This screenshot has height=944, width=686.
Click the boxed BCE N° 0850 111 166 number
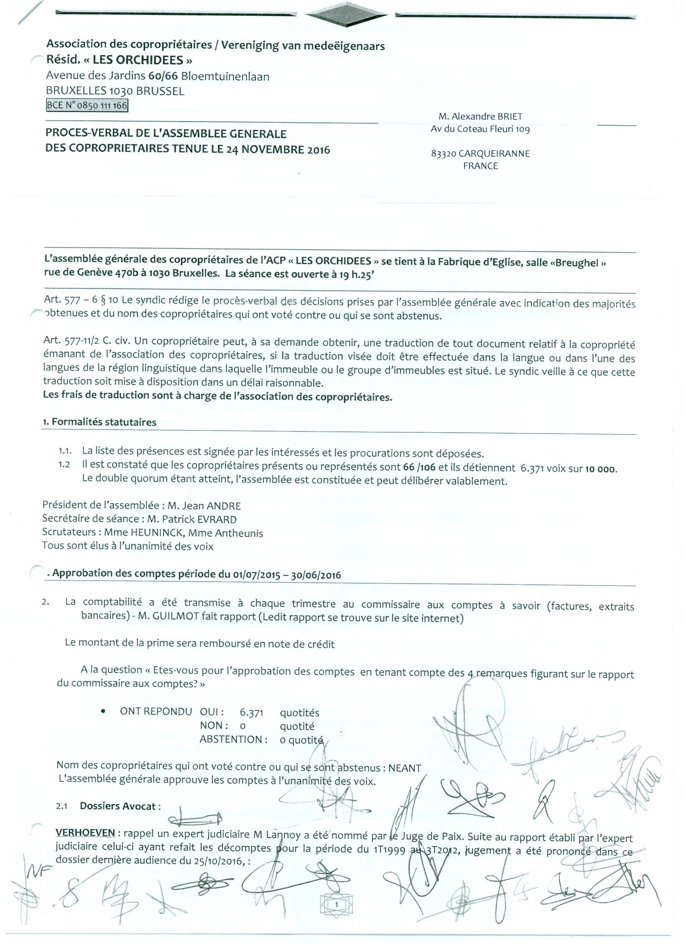(86, 106)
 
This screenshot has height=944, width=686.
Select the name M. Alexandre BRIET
(480, 117)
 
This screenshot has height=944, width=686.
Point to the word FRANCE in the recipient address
(481, 166)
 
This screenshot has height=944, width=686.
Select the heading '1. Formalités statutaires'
(99, 422)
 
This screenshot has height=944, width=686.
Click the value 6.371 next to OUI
(251, 713)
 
